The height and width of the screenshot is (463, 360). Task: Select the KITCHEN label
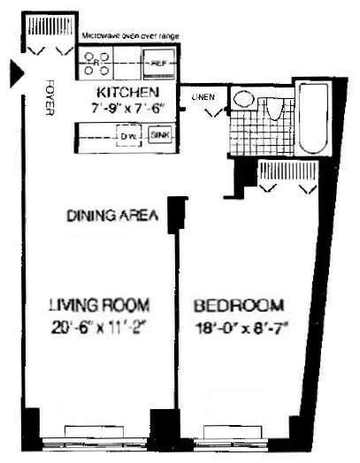click(127, 92)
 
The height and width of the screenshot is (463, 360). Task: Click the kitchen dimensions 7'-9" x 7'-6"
click(129, 108)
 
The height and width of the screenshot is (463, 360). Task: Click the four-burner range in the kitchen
click(98, 63)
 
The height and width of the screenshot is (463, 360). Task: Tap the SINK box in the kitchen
click(159, 135)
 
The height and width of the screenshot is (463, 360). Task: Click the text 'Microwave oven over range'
click(131, 35)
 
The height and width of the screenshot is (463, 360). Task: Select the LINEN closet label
click(200, 97)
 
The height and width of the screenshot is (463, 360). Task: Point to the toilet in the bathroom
click(273, 108)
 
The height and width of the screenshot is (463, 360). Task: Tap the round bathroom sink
click(243, 98)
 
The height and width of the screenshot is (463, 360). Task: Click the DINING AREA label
click(112, 215)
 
